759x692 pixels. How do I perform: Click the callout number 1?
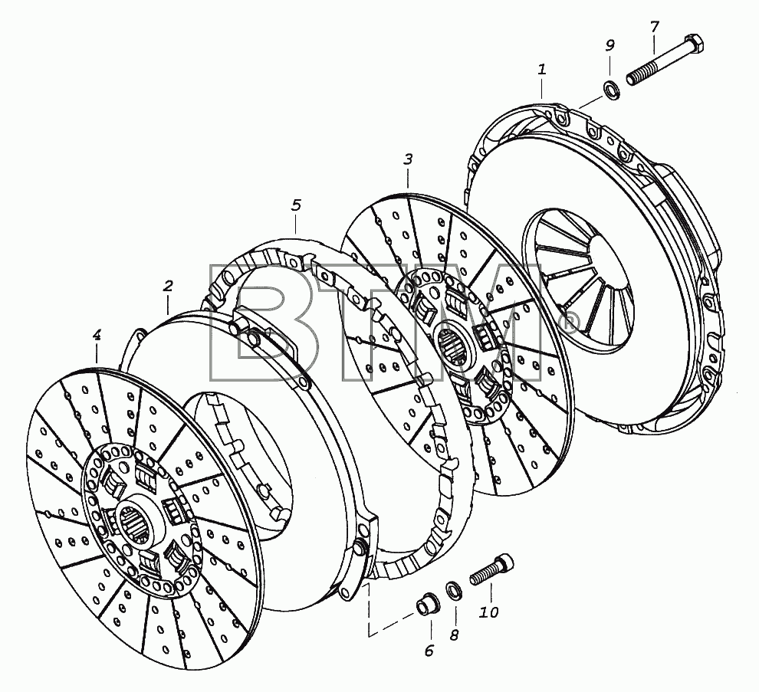[x=542, y=69]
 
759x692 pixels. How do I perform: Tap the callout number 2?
[x=168, y=286]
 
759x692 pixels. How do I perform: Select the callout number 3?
[x=408, y=159]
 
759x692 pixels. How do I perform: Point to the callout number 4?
[x=97, y=334]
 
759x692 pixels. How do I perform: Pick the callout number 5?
[x=296, y=205]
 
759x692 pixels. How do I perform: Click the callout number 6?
[x=429, y=651]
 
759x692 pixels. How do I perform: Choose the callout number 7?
[x=655, y=27]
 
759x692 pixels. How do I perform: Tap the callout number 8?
[x=454, y=635]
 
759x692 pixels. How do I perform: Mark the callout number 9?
[x=610, y=45]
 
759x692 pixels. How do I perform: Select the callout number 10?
[x=489, y=612]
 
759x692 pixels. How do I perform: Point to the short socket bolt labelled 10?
[x=491, y=569]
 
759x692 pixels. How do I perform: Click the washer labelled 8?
[x=454, y=591]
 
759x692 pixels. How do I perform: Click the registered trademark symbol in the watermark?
[x=568, y=323]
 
